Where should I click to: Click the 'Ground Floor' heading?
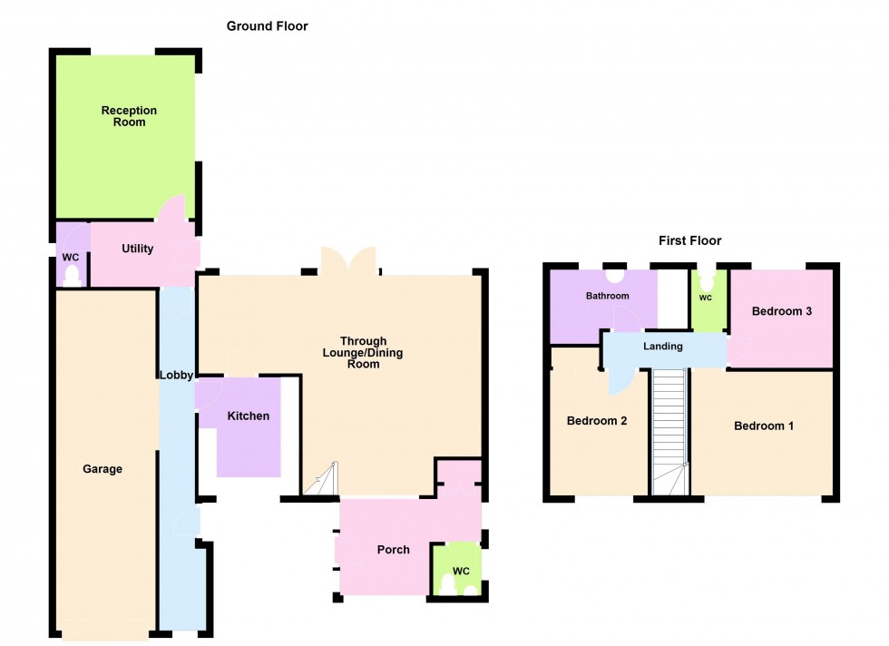point(267,26)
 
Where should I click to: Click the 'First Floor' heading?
point(689,240)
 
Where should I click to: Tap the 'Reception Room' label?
point(129,116)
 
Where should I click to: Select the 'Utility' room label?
point(138,249)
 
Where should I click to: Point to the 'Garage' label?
point(103,469)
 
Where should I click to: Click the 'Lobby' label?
point(176,375)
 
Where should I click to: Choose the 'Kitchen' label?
point(248,416)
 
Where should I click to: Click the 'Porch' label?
point(393,550)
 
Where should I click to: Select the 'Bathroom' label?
point(607,296)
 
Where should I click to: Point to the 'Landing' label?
point(662,347)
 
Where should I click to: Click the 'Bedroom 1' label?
point(764,426)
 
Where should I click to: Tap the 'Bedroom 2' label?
point(597,421)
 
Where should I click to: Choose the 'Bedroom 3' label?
point(781,311)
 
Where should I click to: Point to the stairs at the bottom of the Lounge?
point(321,481)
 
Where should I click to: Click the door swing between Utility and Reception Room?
point(173,209)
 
